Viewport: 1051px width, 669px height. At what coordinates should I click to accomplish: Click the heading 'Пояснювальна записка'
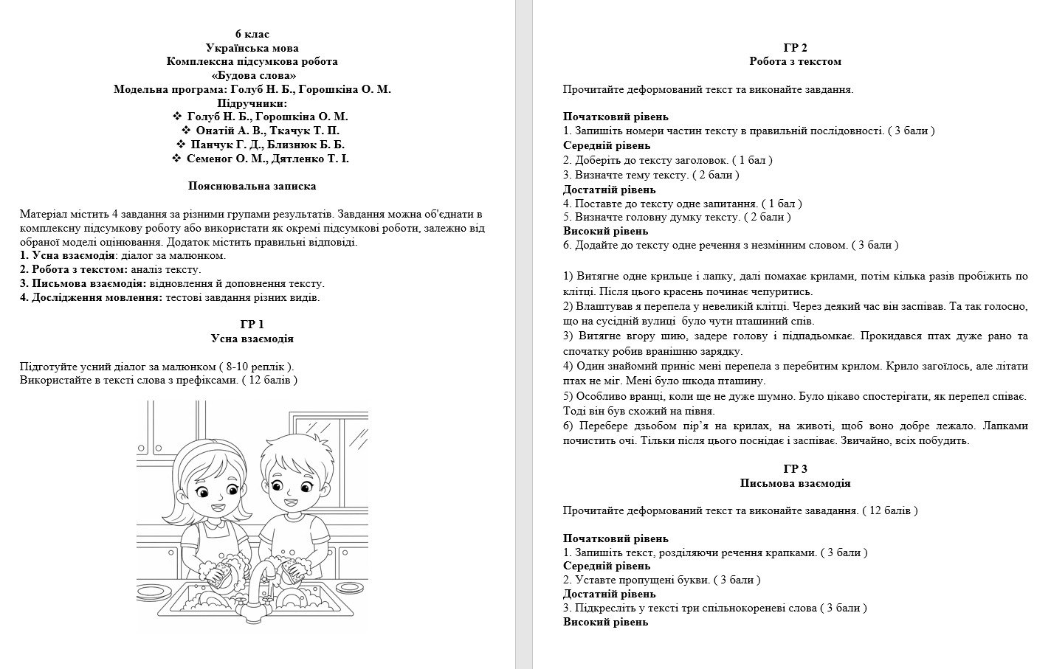[252, 187]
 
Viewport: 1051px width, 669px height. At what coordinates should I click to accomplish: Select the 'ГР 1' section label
[252, 325]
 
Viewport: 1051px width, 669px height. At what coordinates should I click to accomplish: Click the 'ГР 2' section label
[795, 48]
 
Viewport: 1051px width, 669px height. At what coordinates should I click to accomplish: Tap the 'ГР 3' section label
[795, 469]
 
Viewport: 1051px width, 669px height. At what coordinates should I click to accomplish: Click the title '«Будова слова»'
[252, 75]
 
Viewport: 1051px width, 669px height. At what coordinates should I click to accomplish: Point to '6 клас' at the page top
[252, 34]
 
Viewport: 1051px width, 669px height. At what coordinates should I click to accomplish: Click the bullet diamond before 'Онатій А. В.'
[186, 131]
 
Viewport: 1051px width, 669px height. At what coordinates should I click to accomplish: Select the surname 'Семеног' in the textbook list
[211, 159]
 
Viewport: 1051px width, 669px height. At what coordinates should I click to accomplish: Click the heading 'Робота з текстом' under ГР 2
[795, 62]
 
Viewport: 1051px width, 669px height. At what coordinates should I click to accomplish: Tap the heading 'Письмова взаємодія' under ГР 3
[795, 483]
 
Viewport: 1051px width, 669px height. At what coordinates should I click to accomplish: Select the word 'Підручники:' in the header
[252, 103]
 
